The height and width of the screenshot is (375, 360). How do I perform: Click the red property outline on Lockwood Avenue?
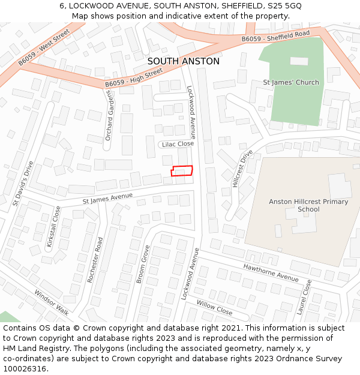tap(182, 171)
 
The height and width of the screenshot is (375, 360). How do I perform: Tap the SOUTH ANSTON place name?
tap(183, 61)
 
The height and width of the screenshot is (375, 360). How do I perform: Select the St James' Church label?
tap(291, 82)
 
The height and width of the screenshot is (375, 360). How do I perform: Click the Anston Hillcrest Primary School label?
tap(308, 205)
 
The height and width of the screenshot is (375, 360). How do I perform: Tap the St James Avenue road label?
tap(107, 197)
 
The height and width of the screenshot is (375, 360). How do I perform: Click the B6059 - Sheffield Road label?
tap(275, 37)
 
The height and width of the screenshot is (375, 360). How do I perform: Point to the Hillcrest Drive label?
tap(242, 169)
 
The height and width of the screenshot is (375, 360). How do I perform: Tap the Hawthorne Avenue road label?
tap(271, 272)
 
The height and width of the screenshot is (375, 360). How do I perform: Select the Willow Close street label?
tap(214, 308)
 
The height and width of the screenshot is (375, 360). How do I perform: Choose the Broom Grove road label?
tap(143, 264)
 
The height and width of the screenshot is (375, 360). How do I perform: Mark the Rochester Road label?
tap(96, 260)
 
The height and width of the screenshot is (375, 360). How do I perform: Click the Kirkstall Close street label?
tap(53, 227)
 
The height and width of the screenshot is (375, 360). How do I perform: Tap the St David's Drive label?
tap(23, 184)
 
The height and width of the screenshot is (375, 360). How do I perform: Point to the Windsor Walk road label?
tap(52, 302)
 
